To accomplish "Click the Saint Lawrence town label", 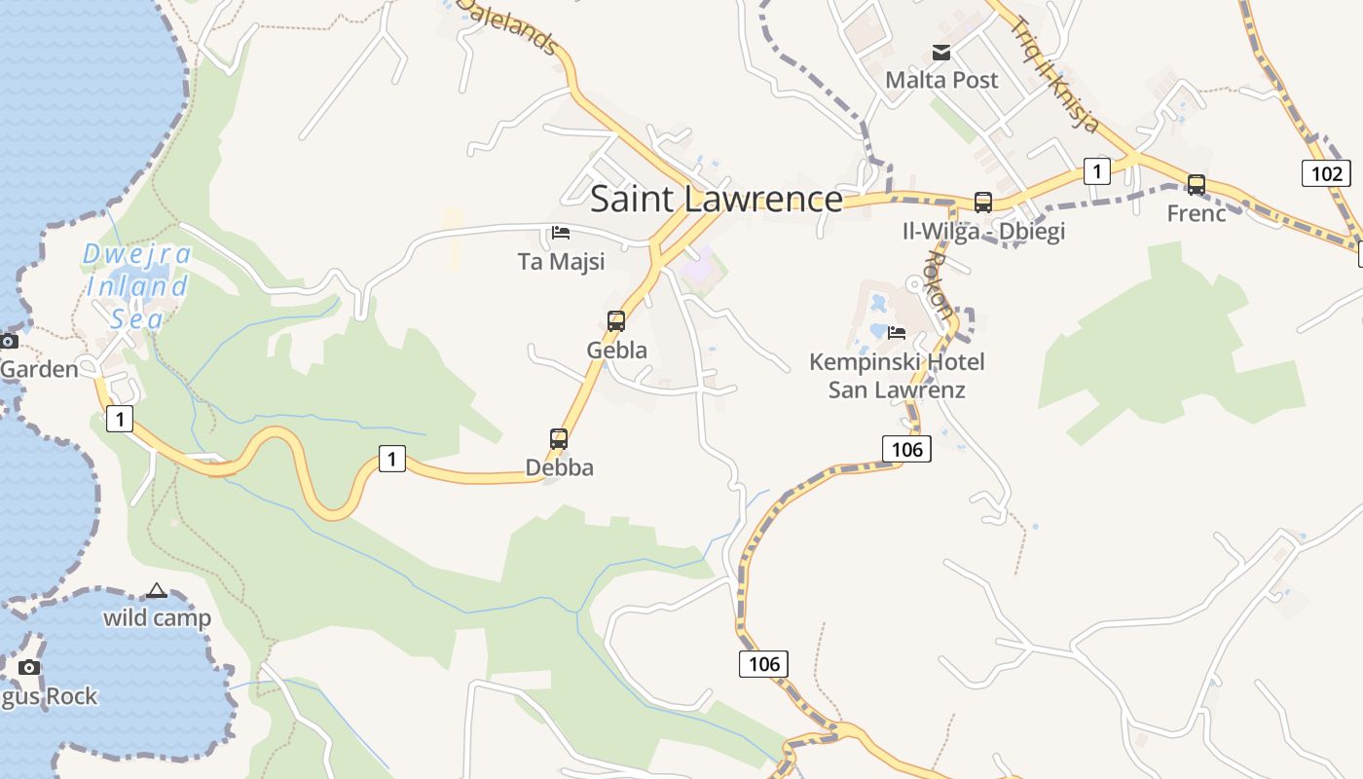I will (x=717, y=199).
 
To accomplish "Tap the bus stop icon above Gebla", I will (x=616, y=320).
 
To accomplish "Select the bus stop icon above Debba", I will (x=559, y=438).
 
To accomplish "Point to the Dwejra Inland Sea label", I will (x=136, y=286).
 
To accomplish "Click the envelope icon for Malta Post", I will (x=941, y=53).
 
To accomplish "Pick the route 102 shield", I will (x=1326, y=173).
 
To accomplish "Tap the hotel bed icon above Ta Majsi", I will (x=561, y=233).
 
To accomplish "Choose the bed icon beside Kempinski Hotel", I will (x=897, y=332).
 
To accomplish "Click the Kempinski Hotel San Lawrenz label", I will (x=897, y=376).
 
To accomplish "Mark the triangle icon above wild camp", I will (x=157, y=590).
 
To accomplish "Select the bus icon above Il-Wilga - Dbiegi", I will (x=983, y=203).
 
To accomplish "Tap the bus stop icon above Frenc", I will (x=1197, y=184).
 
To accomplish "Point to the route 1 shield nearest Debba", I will (x=391, y=458).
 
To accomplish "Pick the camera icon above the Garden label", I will (x=9, y=341).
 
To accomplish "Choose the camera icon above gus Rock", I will (x=29, y=667).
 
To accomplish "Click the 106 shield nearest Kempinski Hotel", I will (x=906, y=448).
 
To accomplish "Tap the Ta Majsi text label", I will (x=561, y=261).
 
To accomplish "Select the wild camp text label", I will (x=157, y=618).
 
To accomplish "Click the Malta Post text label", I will (x=941, y=80).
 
